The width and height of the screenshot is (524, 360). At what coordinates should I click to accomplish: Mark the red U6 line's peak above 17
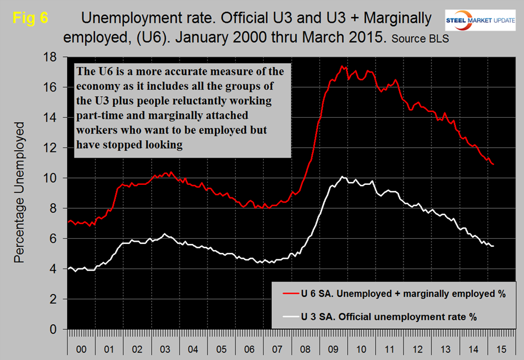point(341,66)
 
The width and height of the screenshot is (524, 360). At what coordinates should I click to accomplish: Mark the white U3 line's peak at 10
point(341,177)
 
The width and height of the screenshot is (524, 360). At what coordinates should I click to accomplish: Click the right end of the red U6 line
point(493,164)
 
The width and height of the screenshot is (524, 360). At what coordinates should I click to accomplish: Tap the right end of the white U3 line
point(493,246)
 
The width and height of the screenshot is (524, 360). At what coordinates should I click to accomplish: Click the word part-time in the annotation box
point(97,116)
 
